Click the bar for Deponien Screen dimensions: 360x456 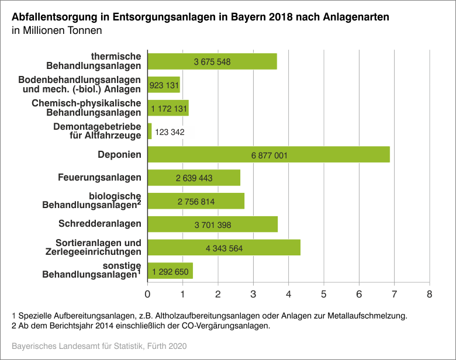[268, 154]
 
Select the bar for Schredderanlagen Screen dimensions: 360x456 [212, 224]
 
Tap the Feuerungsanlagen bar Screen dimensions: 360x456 [194, 178]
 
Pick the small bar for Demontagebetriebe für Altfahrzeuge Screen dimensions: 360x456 [150, 131]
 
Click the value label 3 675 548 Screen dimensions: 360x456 [212, 61]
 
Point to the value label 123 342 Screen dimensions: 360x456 [170, 132]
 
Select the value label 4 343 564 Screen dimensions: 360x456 [224, 248]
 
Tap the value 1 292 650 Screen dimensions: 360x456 [170, 271]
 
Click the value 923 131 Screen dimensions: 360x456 [164, 85]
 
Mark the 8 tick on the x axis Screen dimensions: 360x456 [430, 292]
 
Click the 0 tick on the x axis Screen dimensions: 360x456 [148, 292]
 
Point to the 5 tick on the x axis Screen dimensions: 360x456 [324, 292]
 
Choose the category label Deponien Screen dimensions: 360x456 [119, 154]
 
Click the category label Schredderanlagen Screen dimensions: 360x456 [100, 224]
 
